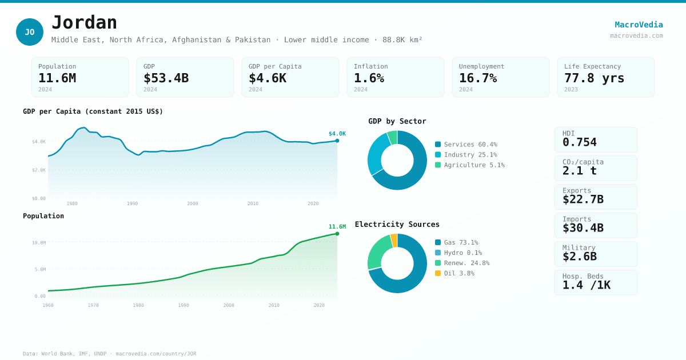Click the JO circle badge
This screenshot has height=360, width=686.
coord(30,32)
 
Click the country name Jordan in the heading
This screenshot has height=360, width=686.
coord(84,23)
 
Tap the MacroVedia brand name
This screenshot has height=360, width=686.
coord(639,25)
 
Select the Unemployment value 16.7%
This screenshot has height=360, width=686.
coord(477,78)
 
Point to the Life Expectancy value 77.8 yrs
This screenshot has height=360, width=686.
coord(594,78)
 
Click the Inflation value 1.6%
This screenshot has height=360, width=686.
coord(369,78)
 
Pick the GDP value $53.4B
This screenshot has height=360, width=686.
coord(166,78)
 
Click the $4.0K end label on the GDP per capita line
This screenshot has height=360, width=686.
coord(337,134)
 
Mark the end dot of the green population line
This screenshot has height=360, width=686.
coord(337,234)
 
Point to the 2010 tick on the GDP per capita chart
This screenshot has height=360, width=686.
coord(253,203)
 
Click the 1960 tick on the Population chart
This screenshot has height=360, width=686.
coord(48,305)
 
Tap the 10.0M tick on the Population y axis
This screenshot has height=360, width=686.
coord(39,243)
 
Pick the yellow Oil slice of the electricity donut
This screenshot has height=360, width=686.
coord(394,241)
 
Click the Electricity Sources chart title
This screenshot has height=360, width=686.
coord(397,225)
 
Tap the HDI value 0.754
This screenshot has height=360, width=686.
coord(579,142)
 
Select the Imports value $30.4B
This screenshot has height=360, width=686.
coord(583,228)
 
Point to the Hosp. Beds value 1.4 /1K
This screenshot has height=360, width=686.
coord(586,285)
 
